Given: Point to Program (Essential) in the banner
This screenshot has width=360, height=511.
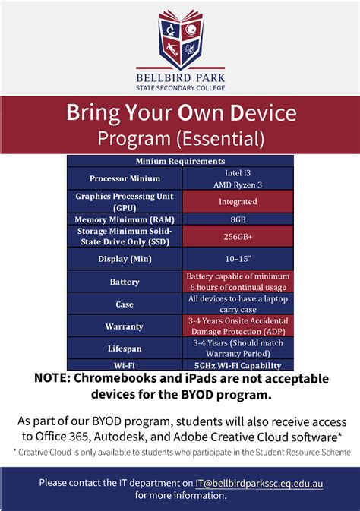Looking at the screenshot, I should (180, 138).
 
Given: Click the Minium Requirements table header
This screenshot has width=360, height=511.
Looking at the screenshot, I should (180, 161).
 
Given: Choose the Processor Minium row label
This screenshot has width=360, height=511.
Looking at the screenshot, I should (125, 178).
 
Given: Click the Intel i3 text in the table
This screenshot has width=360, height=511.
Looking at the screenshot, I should (238, 172).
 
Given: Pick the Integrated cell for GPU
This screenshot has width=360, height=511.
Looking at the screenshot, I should (238, 202).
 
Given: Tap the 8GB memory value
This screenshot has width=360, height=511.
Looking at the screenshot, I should (238, 219).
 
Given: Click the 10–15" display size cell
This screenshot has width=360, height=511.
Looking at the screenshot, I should (238, 258).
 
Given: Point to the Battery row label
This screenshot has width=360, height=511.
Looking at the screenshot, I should (125, 282).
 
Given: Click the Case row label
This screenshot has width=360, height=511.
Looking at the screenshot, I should (125, 304).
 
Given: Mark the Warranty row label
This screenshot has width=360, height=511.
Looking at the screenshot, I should (125, 326).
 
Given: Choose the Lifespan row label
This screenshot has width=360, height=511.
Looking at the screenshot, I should (125, 349).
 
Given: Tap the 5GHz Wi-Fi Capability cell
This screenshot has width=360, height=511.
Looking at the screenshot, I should (238, 365).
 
